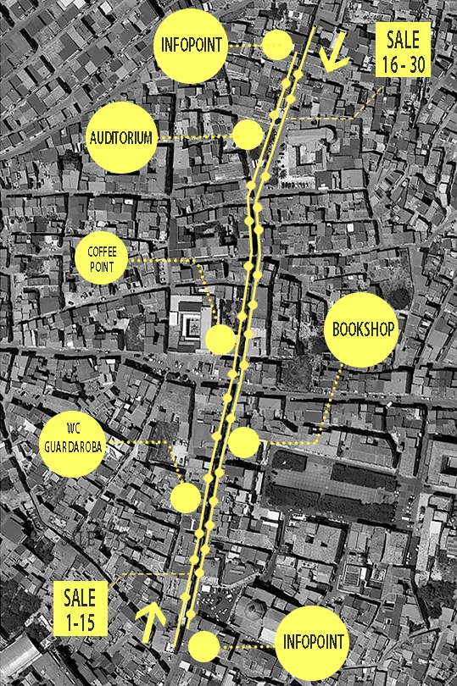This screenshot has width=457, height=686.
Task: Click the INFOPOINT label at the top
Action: pyautogui.click(x=192, y=45)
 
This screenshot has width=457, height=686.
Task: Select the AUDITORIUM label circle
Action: pyautogui.click(x=122, y=137)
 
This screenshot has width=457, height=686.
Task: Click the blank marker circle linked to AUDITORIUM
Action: pyautogui.click(x=247, y=135)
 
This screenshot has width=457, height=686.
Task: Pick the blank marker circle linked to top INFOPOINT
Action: pyautogui.click(x=276, y=46)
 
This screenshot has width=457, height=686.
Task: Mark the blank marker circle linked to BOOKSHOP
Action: pyautogui.click(x=244, y=442)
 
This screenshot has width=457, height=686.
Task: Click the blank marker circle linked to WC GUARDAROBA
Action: pyautogui.click(x=185, y=497)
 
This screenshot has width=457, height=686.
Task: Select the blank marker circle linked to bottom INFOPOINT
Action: pyautogui.click(x=203, y=647)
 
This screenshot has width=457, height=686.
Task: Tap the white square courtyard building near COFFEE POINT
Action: pyautogui.click(x=188, y=325)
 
